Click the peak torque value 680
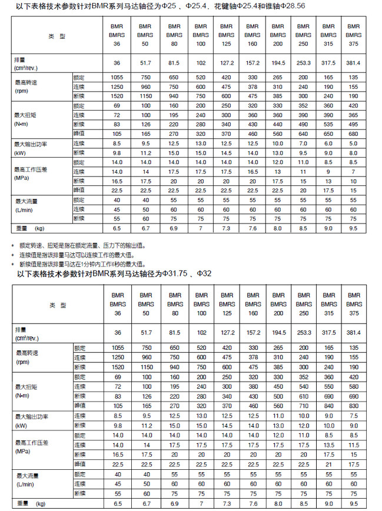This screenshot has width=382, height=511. tap(353, 133)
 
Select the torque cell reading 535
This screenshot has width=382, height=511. tap(328, 125)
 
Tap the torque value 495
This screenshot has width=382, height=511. tap(353, 125)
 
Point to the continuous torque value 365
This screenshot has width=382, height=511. tap(353, 115)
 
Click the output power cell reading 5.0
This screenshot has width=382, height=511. tap(353, 143)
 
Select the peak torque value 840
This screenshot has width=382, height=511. tap(328, 405)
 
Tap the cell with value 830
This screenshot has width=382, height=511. tap(353, 405)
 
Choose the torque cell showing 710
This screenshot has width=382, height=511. tap(303, 405)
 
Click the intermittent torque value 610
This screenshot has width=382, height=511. tap(303, 396)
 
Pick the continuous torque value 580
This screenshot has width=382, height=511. tap(353, 387)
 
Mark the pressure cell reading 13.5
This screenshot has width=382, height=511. tap(328, 445)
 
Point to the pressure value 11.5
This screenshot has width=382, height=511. tap(353, 445)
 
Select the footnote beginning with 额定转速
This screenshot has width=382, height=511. tap(82, 245)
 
